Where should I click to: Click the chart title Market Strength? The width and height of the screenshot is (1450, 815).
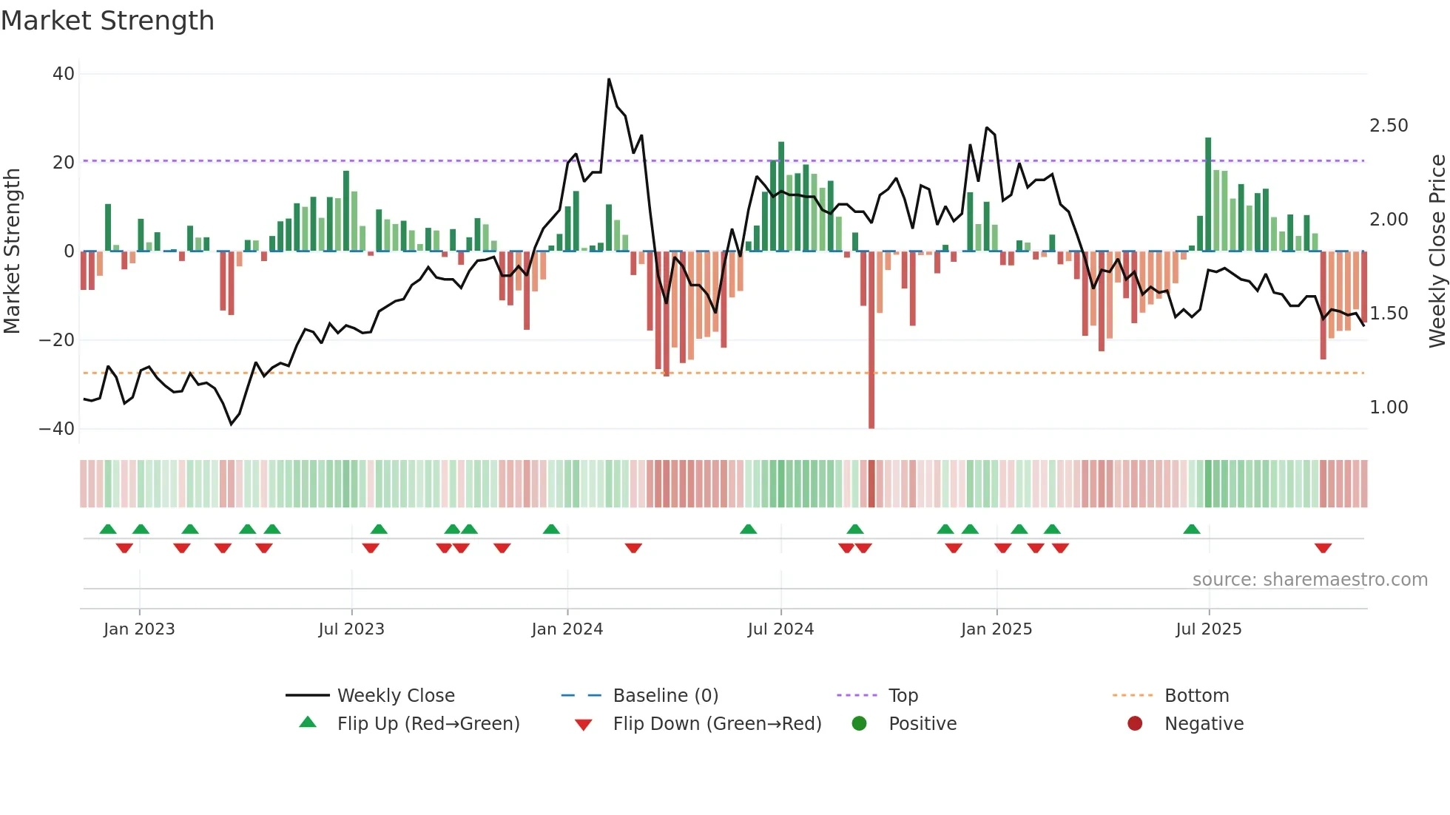coord(107,21)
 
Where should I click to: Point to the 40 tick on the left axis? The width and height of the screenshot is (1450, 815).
coord(64,74)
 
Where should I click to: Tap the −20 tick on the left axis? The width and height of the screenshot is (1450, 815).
coord(57,340)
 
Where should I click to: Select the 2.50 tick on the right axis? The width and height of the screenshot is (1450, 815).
coord(1389,126)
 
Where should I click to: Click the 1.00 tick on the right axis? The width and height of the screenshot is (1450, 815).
coord(1389,407)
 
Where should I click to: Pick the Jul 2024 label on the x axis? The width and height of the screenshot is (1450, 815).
coord(780,629)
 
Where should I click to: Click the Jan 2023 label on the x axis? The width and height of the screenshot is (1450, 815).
coord(139,629)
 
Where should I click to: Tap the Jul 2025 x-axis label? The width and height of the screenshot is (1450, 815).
coord(1209,629)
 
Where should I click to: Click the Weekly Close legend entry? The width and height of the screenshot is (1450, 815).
coord(395,696)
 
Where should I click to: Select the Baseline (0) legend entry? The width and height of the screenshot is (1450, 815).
coord(665,696)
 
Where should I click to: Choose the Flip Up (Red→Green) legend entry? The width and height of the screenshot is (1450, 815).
coord(428,724)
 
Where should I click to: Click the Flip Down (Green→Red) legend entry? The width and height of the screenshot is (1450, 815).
coord(716,724)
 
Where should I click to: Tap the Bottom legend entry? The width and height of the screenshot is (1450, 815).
coord(1196,696)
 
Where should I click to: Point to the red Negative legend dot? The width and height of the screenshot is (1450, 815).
coord(1135,723)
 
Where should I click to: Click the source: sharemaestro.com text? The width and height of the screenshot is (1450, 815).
coord(1309,580)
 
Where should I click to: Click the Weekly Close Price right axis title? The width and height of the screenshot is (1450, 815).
coord(1437,251)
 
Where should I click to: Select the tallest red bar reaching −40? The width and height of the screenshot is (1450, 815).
coord(871,370)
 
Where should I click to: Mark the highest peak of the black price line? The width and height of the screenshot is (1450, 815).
coord(609,79)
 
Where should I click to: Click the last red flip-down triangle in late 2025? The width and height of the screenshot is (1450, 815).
coord(1323,548)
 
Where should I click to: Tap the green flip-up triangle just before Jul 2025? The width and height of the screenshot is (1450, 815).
coord(1191,529)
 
